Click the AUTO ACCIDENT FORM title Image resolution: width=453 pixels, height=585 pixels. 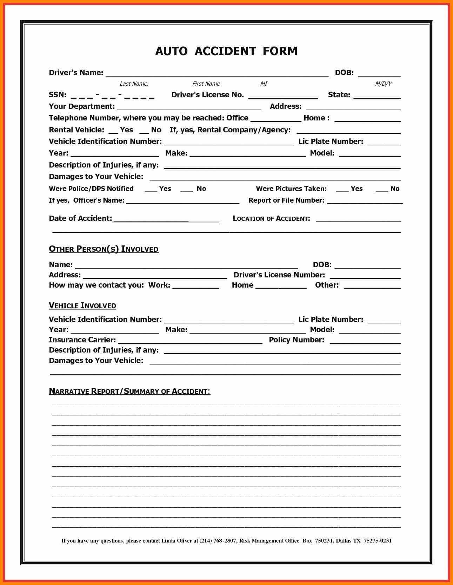click(x=226, y=51)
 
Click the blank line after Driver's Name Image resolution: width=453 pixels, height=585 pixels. click(x=217, y=73)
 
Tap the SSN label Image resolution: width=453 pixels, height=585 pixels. click(x=58, y=95)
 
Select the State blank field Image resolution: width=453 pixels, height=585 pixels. click(x=377, y=96)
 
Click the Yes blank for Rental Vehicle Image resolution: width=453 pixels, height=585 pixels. click(x=113, y=131)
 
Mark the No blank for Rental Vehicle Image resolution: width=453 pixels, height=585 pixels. click(x=144, y=131)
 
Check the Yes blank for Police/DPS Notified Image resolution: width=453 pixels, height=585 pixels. click(x=151, y=190)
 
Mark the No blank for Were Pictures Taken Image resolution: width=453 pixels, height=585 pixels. click(x=381, y=190)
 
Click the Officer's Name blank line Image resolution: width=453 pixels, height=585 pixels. click(x=182, y=201)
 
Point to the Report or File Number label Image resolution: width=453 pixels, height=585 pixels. click(x=286, y=201)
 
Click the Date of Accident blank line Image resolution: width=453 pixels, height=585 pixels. click(x=166, y=219)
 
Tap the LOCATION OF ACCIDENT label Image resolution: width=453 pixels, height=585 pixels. click(x=271, y=218)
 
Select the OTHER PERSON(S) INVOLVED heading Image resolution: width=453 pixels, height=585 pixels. click(x=104, y=249)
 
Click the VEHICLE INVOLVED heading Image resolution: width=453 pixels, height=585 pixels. click(x=82, y=305)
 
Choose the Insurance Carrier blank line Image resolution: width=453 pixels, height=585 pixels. click(x=190, y=341)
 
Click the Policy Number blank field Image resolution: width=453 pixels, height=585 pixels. click(x=365, y=341)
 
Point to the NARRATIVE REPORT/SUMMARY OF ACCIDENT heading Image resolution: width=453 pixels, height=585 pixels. click(x=129, y=391)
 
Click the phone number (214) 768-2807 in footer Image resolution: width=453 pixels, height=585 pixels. click(x=218, y=540)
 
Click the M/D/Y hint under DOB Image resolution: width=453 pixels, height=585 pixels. click(x=383, y=84)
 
